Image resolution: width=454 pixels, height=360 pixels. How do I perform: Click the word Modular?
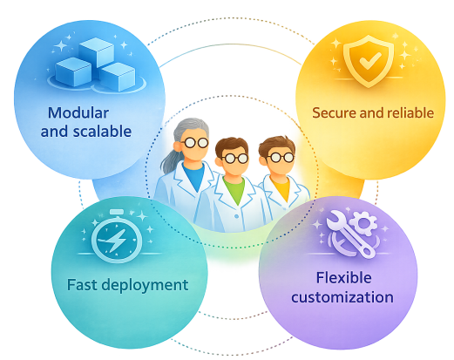click(78, 112)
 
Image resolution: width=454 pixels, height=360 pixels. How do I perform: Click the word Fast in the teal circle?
click(82, 285)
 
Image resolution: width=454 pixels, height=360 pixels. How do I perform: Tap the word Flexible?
click(343, 278)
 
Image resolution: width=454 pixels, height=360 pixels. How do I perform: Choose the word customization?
click(342, 297)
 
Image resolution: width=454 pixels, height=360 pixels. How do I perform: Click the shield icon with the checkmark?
click(369, 60)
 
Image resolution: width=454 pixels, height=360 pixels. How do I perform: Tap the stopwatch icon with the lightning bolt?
click(117, 236)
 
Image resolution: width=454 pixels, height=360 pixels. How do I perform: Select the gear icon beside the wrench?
click(363, 223)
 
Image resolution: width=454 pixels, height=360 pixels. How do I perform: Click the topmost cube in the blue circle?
click(96, 52)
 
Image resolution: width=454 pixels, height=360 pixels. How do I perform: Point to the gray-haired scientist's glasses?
click(194, 142)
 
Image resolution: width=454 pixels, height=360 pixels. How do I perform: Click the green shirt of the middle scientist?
click(234, 189)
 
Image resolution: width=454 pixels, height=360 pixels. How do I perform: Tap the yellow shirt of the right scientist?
click(281, 187)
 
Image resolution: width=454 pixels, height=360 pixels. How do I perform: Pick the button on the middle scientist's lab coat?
click(236, 216)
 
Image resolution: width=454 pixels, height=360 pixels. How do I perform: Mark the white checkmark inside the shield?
click(370, 60)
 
